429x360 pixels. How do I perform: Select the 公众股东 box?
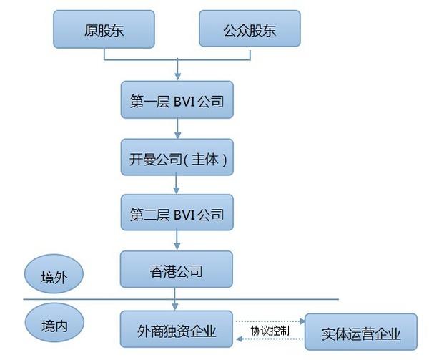click(x=250, y=31)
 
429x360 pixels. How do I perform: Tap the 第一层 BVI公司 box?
click(x=177, y=102)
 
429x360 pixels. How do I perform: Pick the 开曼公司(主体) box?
click(x=177, y=159)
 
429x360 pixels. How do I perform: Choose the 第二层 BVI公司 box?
click(x=177, y=214)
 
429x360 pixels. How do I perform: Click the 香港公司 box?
click(x=177, y=271)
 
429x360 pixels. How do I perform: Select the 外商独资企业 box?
click(x=177, y=331)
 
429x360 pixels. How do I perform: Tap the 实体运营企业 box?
click(x=361, y=334)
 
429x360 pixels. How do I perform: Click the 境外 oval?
click(x=54, y=275)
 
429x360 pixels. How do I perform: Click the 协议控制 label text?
click(x=270, y=331)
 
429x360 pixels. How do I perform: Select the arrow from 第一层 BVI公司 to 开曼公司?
click(x=177, y=130)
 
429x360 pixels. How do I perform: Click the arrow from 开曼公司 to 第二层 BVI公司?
click(x=177, y=186)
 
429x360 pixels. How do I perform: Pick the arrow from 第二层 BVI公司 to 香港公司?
click(x=177, y=242)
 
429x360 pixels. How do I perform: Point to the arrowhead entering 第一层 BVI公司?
click(x=177, y=77)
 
